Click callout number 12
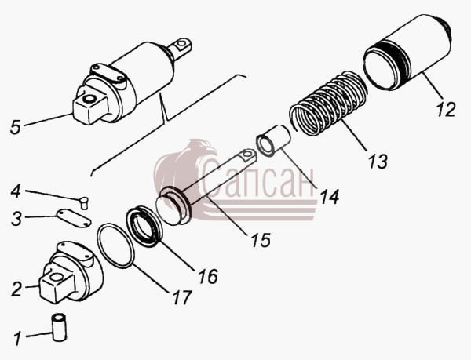(446, 110)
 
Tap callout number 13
(378, 162)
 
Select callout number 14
(330, 197)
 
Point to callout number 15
(261, 240)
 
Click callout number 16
(208, 276)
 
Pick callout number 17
(182, 297)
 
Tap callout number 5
(16, 126)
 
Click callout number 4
(16, 191)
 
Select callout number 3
(16, 218)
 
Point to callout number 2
(16, 289)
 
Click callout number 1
(17, 338)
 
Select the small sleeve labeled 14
(273, 140)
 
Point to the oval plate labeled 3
(74, 218)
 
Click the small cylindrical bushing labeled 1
(59, 327)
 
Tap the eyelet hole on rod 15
(247, 155)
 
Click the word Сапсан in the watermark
(257, 180)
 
